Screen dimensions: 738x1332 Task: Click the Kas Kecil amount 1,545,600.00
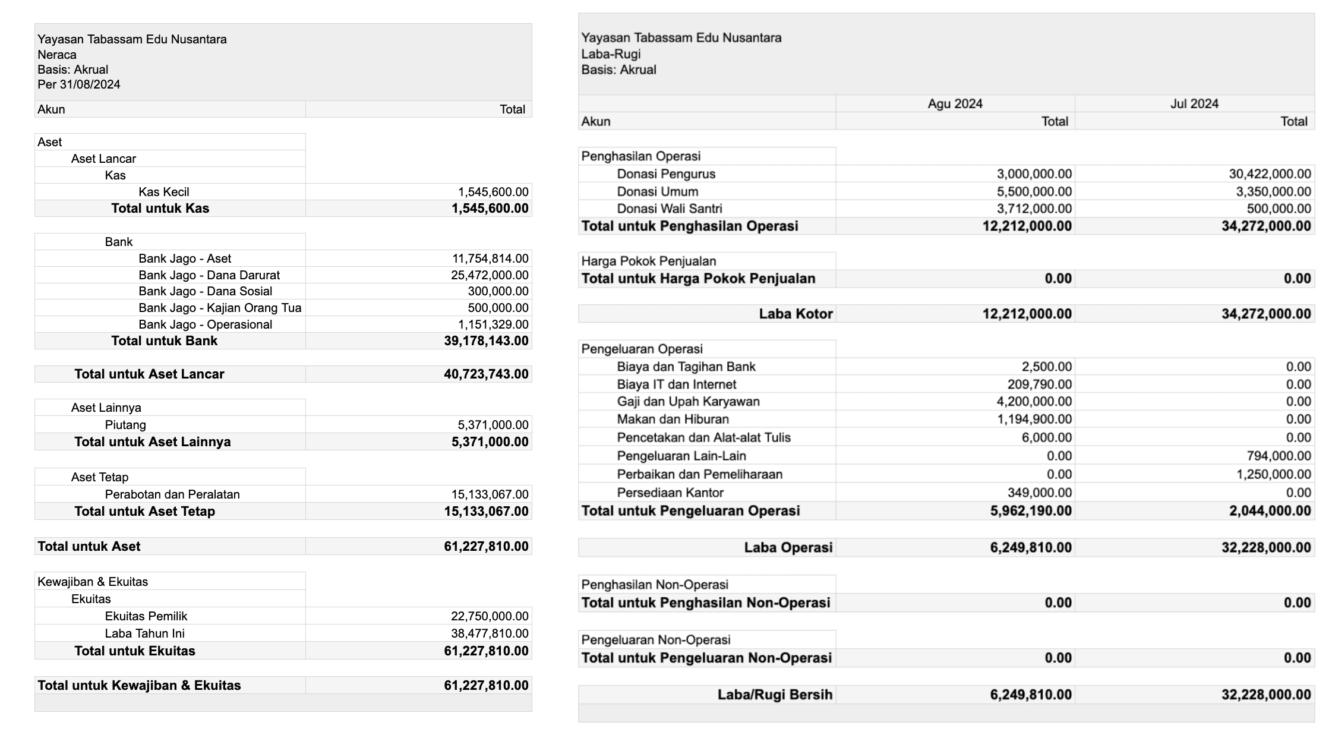click(493, 192)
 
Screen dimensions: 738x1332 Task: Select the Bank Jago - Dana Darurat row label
click(209, 275)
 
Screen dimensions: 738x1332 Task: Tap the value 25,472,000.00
click(490, 275)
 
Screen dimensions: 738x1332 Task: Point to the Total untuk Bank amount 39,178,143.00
click(486, 341)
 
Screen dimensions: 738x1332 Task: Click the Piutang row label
click(125, 425)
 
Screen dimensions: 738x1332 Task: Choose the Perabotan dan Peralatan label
click(172, 494)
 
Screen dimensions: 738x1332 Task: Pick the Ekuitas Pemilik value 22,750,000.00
click(490, 616)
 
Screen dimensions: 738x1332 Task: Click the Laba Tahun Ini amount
click(490, 633)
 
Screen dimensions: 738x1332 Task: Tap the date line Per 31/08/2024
click(79, 84)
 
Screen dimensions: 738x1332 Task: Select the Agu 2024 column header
click(955, 104)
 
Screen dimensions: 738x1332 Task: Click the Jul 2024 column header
click(1194, 104)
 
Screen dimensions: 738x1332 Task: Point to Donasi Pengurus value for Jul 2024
click(1270, 174)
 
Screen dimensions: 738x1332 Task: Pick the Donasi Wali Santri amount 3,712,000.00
click(1034, 209)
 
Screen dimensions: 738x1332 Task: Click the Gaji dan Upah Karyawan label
click(688, 402)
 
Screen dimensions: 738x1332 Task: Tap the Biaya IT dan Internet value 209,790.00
click(1039, 384)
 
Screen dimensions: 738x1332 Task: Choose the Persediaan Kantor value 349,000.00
click(1039, 493)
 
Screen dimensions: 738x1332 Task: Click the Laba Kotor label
click(796, 314)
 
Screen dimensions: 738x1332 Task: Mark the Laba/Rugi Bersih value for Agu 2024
click(1031, 695)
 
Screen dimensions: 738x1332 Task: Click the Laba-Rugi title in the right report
click(611, 54)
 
